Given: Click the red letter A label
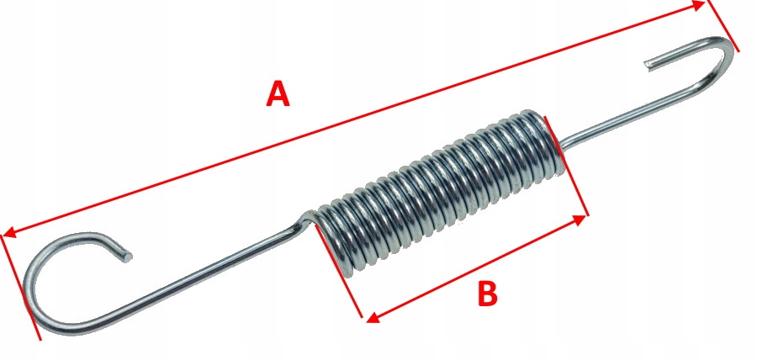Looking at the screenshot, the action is [x=278, y=93].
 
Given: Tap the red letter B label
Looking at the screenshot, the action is [x=488, y=294].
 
